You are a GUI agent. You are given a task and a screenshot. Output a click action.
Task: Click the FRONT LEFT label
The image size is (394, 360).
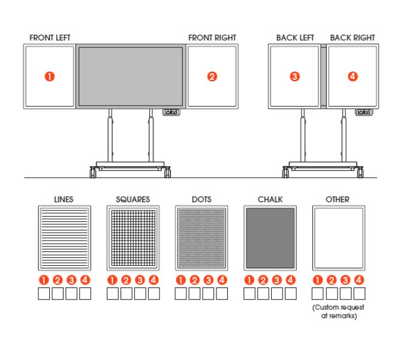[x=50, y=38]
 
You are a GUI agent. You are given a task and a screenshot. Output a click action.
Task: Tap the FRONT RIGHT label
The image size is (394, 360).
[x=212, y=38]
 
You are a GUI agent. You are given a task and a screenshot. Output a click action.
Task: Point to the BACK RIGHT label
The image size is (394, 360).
[x=353, y=38]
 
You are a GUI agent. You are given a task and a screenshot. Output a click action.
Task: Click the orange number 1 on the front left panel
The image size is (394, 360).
[x=50, y=76]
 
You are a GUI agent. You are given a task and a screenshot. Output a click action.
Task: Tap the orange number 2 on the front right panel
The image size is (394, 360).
[x=212, y=76]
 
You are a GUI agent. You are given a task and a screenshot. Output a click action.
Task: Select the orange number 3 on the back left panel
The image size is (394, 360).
[x=294, y=76]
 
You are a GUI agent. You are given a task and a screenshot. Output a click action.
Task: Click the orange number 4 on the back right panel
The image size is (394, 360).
[x=353, y=76]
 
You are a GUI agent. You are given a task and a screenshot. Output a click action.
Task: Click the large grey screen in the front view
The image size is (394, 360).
[x=131, y=76]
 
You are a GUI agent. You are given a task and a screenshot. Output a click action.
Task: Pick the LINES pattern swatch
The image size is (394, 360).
[x=64, y=238]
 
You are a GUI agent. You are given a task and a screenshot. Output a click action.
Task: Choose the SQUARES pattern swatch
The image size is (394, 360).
[x=133, y=238]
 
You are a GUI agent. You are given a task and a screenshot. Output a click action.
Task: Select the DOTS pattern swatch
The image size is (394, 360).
[x=201, y=238]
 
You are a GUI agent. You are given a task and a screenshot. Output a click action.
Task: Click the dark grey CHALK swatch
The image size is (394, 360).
[x=270, y=238]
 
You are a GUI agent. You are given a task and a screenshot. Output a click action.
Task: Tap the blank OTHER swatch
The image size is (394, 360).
[x=338, y=238]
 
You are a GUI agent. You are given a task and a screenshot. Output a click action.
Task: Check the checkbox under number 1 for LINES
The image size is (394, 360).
[x=44, y=293]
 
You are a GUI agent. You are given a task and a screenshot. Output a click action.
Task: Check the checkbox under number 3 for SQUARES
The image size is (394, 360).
[x=140, y=293]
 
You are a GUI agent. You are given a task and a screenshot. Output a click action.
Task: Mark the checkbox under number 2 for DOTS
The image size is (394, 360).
[x=194, y=293]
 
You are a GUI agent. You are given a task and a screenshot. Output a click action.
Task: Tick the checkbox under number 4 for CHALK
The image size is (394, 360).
[x=291, y=293]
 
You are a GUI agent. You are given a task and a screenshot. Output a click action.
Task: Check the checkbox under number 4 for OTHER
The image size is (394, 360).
[x=359, y=293]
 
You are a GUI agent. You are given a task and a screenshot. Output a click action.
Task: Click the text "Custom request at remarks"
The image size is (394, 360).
[x=338, y=311]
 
